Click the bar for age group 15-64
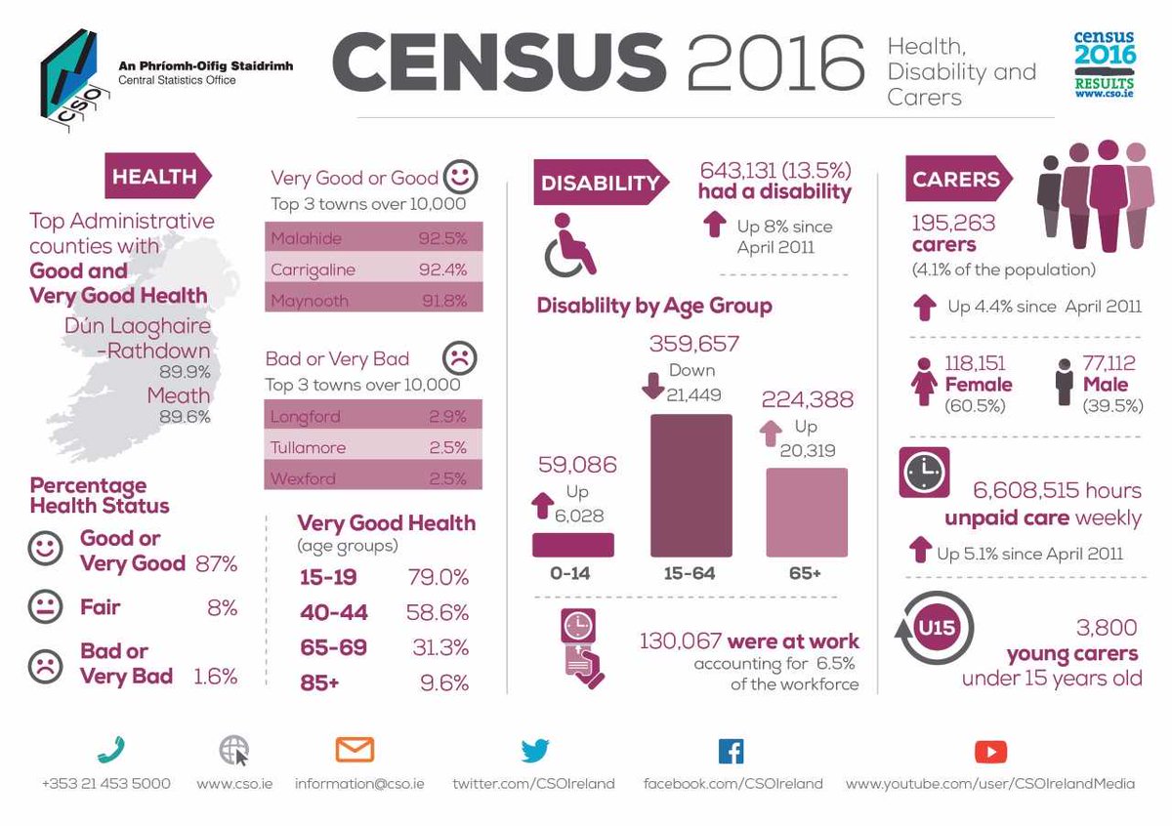(691, 485)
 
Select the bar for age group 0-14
(573, 545)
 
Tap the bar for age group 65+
(807, 512)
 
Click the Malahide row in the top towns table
(374, 237)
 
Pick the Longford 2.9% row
(374, 417)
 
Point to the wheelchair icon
(570, 245)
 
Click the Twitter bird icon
(534, 751)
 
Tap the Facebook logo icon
(731, 751)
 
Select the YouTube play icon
(990, 751)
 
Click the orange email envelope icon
(355, 750)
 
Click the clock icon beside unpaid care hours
(922, 474)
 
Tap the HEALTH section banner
(156, 177)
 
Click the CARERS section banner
(957, 179)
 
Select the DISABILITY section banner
(600, 183)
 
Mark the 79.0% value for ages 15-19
(438, 577)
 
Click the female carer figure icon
(923, 381)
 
